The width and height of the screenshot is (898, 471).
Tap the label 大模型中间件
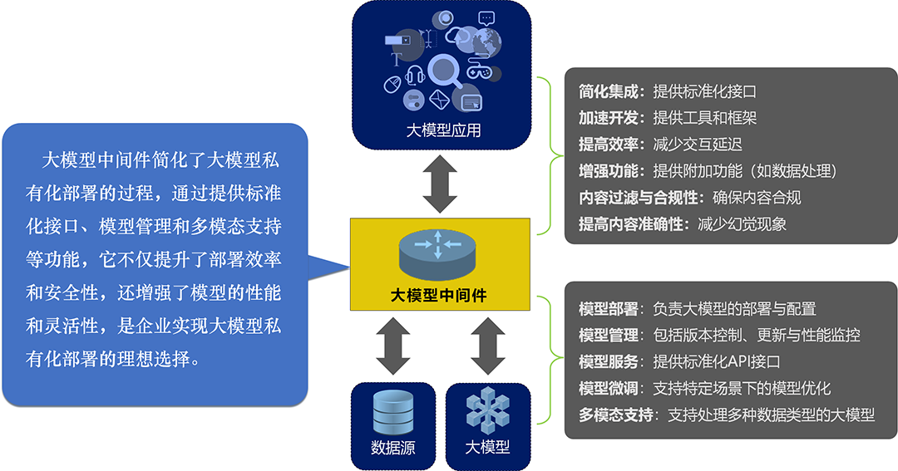click(x=438, y=294)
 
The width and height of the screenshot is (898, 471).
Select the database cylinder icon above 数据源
click(x=393, y=411)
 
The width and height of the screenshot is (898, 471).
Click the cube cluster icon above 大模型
click(x=487, y=410)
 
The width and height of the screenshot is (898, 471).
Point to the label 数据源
click(x=393, y=448)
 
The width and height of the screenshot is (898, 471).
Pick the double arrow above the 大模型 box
click(x=487, y=345)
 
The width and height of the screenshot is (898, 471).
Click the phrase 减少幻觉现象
click(x=743, y=224)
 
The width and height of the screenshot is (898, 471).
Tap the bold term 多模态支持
click(x=616, y=415)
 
